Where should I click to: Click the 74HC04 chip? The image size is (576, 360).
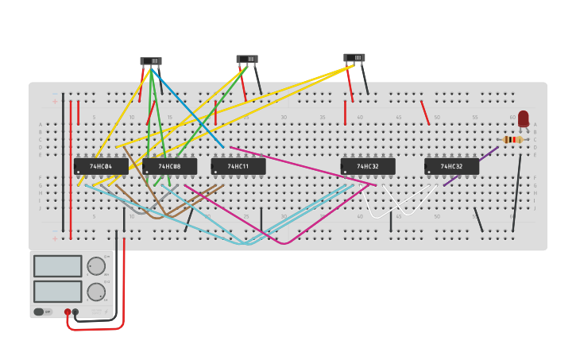click(101, 166)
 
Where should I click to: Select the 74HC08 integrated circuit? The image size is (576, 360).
click(169, 166)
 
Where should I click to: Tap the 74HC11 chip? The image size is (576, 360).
click(238, 166)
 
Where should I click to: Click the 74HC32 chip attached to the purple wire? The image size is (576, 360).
click(451, 166)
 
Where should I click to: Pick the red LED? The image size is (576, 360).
click(524, 118)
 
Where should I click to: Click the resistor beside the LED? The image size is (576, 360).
click(513, 139)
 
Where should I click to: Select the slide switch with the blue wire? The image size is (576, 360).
click(151, 61)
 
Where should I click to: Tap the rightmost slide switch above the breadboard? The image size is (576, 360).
click(354, 58)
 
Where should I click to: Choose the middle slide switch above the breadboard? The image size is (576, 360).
click(247, 59)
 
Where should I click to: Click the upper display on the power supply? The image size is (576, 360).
click(57, 265)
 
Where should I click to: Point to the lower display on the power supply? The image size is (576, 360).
click(57, 291)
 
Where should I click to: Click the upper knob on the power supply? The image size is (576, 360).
click(95, 266)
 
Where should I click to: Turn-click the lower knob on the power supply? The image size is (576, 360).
click(95, 292)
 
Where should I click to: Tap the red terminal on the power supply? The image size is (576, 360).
click(68, 312)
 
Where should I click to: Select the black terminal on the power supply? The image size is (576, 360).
click(75, 312)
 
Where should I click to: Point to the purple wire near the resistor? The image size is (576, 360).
click(471, 166)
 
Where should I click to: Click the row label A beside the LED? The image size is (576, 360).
click(535, 125)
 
